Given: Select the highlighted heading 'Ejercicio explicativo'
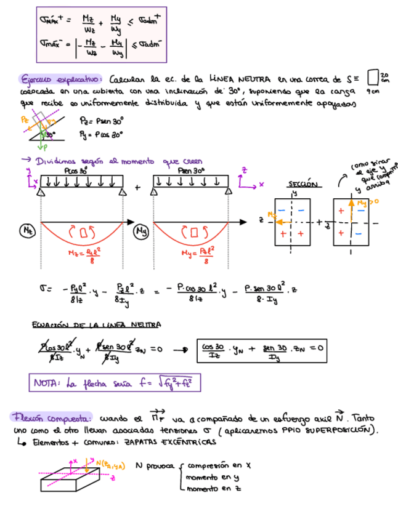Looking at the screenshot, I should tap(60, 80).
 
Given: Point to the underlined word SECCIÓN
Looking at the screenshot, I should tap(303, 184).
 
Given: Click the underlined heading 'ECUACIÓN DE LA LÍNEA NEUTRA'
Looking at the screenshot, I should tap(96, 324).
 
